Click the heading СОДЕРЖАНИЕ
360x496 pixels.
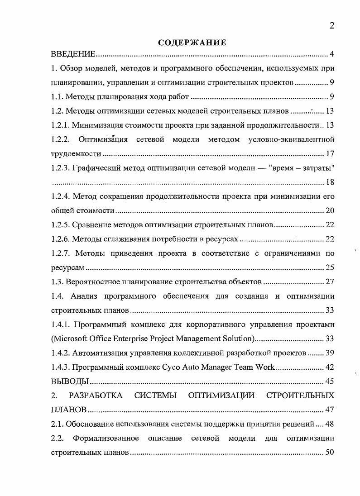tap(192, 43)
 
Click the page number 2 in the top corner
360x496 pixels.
tap(331, 26)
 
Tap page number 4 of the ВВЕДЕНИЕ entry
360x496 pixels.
tap(331, 55)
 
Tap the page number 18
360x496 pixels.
tap(330, 182)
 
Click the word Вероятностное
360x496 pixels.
tap(92, 282)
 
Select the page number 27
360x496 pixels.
tap(330, 282)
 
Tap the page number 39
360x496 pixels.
tap(330, 353)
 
